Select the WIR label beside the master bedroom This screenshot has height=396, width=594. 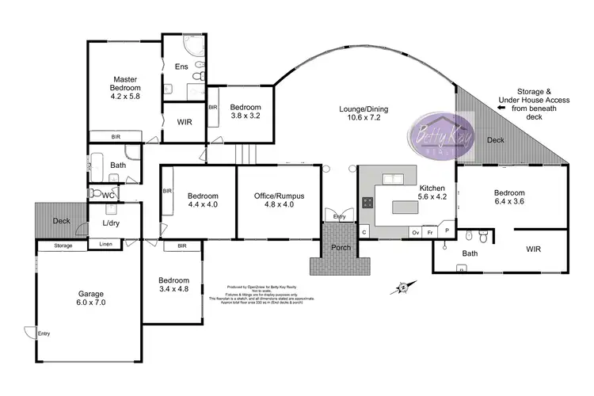(x=185, y=122)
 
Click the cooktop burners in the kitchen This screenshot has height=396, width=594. (x=369, y=202)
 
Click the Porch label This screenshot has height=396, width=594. (x=340, y=247)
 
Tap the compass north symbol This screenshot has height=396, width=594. (x=402, y=286)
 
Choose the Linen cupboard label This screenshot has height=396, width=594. (x=105, y=246)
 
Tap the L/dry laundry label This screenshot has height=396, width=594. (x=112, y=223)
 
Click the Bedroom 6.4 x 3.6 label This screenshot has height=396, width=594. (x=510, y=198)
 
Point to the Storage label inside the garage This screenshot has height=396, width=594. (x=63, y=246)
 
